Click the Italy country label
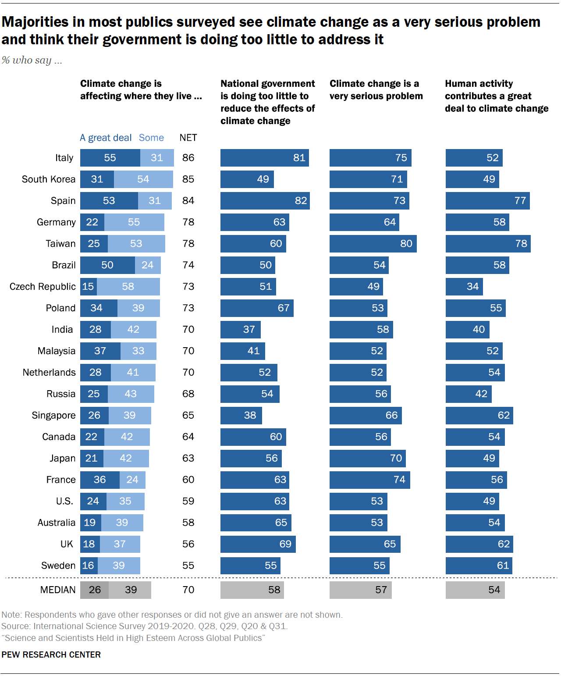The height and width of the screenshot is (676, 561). click(64, 158)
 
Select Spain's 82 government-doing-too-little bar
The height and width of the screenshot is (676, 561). click(265, 201)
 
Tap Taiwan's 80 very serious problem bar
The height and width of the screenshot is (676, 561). click(373, 244)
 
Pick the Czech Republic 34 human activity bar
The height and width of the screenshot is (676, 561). click(464, 287)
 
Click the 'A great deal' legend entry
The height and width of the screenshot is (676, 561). click(106, 138)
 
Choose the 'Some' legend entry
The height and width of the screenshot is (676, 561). click(151, 138)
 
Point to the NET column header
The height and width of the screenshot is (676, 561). click(188, 138)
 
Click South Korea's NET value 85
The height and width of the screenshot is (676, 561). click(188, 179)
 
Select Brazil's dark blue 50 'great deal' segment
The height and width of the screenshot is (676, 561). click(107, 265)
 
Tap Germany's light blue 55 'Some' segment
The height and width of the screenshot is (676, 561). click(134, 222)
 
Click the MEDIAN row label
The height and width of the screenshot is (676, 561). click(58, 590)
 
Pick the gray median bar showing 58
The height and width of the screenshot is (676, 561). click(252, 590)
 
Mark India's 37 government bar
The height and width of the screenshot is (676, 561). click(240, 330)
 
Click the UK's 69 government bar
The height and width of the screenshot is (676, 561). click(258, 544)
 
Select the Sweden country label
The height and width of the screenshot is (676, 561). click(58, 566)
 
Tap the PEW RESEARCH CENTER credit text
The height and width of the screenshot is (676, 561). click(51, 655)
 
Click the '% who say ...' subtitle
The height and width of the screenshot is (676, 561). click(32, 60)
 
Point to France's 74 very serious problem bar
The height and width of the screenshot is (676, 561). click(369, 480)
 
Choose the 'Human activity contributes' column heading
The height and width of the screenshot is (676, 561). click(496, 96)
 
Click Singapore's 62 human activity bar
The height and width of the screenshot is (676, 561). click(479, 416)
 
